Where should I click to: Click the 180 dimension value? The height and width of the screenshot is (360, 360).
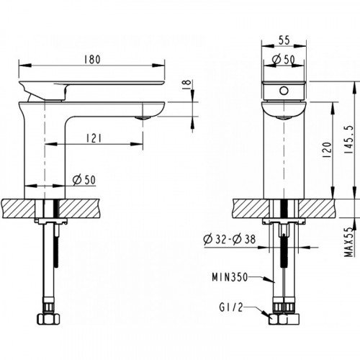point(92,59)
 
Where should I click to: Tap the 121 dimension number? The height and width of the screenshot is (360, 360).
point(93,138)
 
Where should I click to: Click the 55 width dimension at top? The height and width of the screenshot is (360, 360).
point(284,40)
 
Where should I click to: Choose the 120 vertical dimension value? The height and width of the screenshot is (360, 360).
point(327,150)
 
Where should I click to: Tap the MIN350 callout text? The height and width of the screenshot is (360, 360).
point(230,277)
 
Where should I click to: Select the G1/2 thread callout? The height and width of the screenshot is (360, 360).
point(231,307)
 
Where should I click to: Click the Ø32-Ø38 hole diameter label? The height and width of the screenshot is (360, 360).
point(230,240)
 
